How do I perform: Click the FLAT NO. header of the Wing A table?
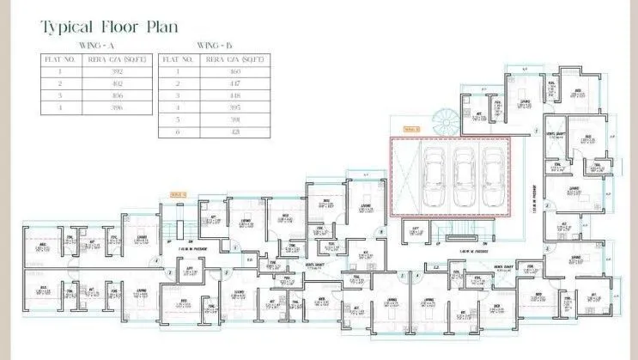[x=60, y=60]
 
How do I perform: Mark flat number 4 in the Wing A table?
[x=60, y=108]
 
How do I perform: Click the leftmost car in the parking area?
[x=431, y=178]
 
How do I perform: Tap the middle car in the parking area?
[x=464, y=178]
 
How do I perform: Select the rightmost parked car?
[x=491, y=178]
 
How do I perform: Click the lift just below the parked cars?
[x=415, y=230]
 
